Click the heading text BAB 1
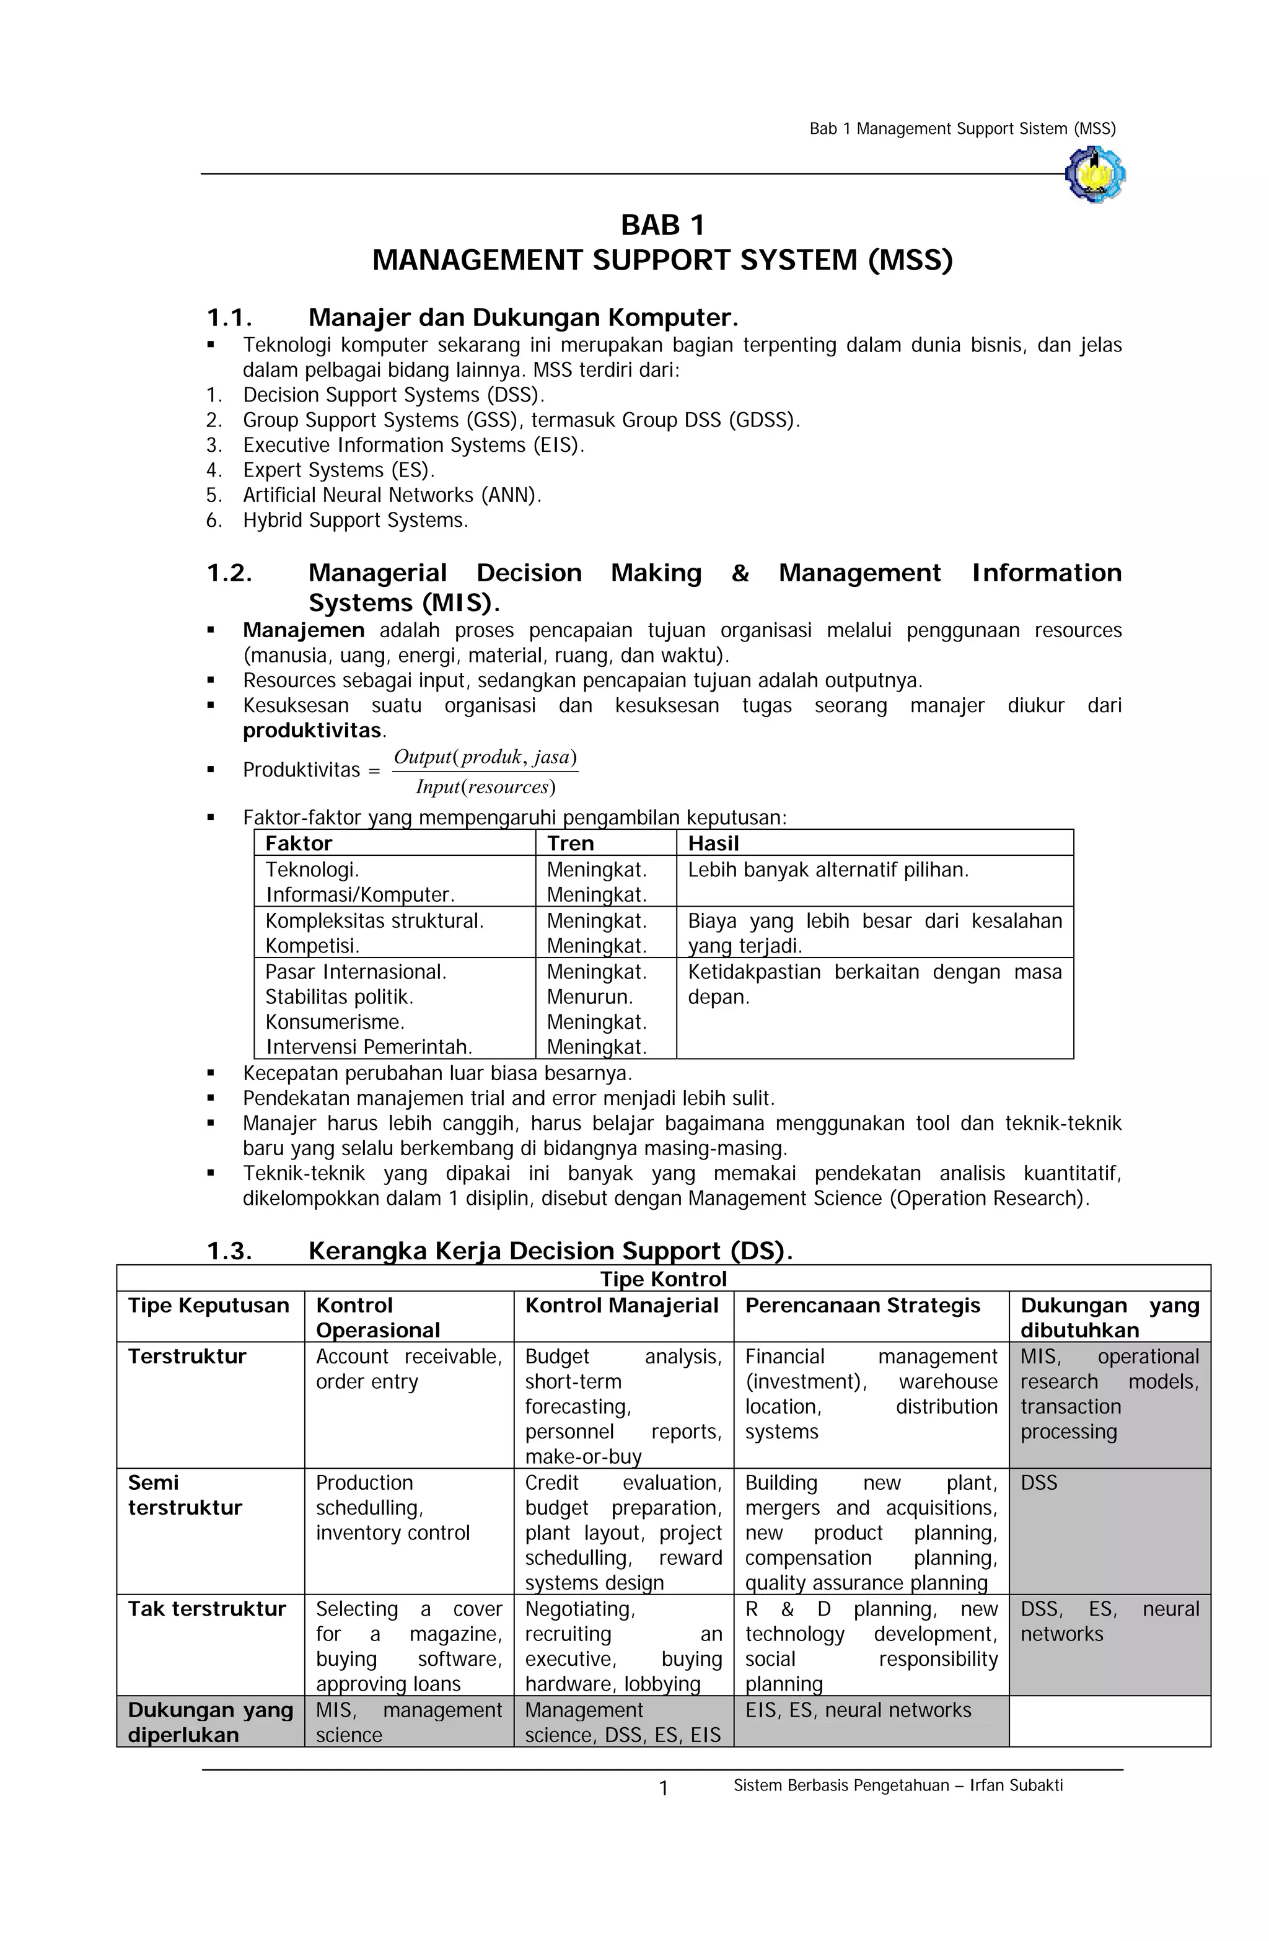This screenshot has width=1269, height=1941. tap(662, 225)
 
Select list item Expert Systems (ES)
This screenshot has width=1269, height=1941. tap(338, 470)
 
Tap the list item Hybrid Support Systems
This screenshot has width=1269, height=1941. tap(355, 521)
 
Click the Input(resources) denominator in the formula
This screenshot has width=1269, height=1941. tap(485, 787)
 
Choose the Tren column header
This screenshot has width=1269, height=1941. tap(570, 843)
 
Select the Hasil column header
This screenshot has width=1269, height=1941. tap(713, 843)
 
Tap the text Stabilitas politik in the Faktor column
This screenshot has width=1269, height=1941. tap(340, 997)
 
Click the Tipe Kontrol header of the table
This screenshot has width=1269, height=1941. tap(662, 1279)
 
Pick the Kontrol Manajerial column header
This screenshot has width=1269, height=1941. tap(621, 1306)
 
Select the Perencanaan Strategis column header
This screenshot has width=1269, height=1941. tap(862, 1306)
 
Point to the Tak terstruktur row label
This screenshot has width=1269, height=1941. tap(206, 1609)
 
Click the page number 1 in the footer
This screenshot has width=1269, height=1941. tap(663, 1789)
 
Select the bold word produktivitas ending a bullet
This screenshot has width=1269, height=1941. tap(312, 730)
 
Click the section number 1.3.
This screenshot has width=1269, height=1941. tap(229, 1251)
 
